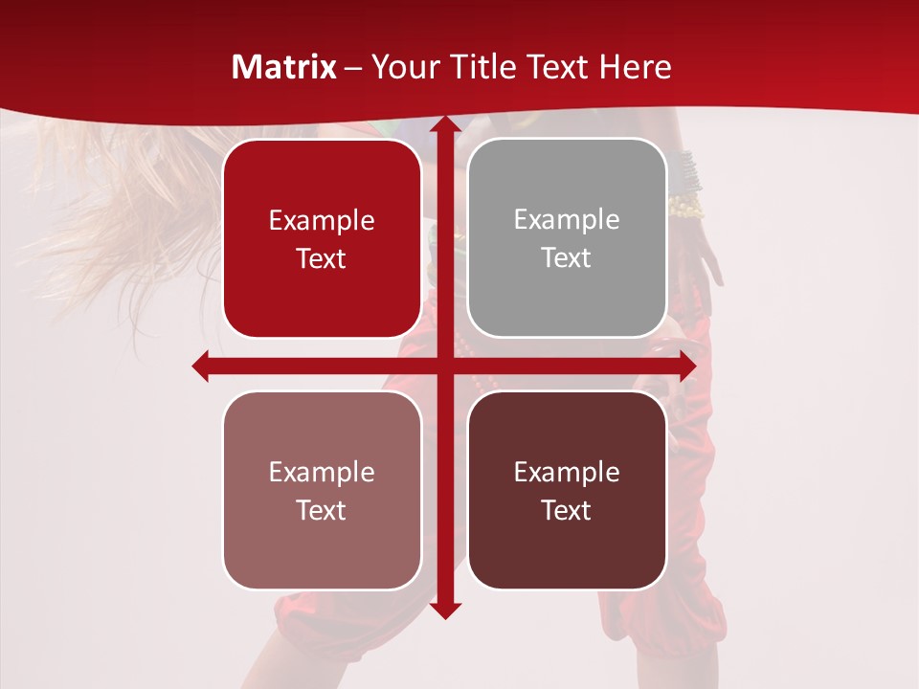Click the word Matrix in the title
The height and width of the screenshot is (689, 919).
tap(284, 67)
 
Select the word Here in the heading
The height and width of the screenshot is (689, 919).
tap(636, 67)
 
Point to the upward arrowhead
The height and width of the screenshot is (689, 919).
tap(444, 127)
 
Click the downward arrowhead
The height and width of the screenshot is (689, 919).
tap(444, 609)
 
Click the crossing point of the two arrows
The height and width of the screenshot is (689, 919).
tap(444, 366)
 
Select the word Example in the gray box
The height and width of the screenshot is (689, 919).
tap(567, 220)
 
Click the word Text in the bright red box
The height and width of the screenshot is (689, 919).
tap(322, 259)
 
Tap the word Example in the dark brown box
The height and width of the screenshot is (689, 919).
tap(567, 472)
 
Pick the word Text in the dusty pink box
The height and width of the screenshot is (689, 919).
tap(322, 511)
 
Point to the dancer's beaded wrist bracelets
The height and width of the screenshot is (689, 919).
tap(685, 182)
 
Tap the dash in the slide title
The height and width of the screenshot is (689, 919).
tap(354, 68)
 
